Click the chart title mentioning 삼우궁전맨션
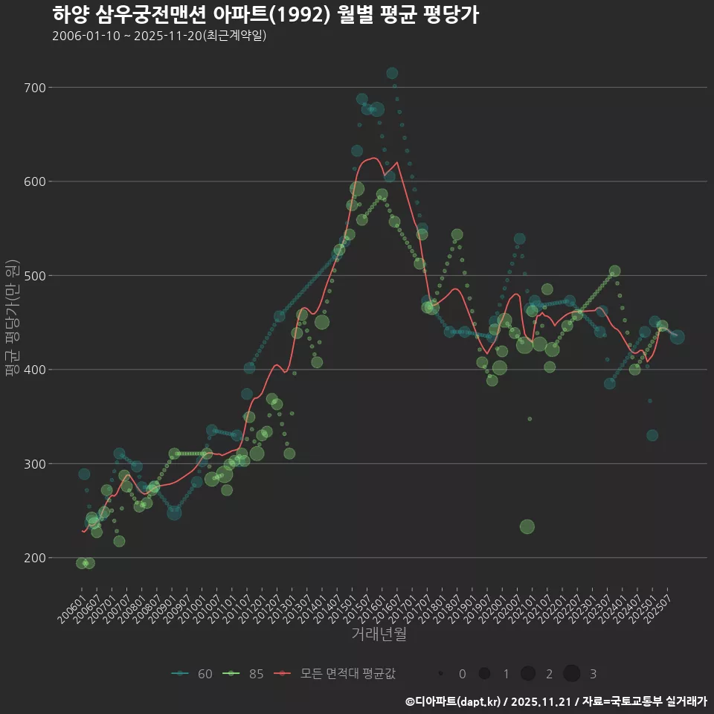[266, 15]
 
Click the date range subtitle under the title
[159, 36]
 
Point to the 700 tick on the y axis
[35, 88]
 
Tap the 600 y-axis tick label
[35, 181]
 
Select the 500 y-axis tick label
[35, 276]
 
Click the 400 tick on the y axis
[35, 370]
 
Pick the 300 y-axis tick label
[35, 464]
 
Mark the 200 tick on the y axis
[35, 558]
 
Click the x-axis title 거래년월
[379, 634]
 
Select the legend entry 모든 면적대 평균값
[335, 674]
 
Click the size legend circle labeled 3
[571, 674]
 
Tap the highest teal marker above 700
[392, 73]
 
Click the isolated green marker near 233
[527, 527]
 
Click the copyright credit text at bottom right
[556, 701]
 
